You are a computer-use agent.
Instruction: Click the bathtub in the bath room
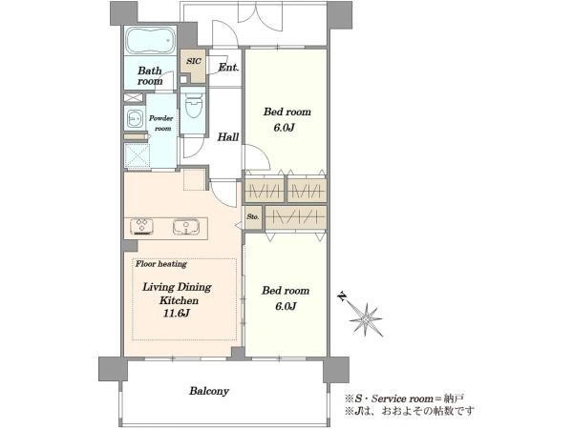tap(151, 40)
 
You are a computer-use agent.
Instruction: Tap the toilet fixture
tap(193, 105)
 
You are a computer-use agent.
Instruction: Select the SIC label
tap(194, 61)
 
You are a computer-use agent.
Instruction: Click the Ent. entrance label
tap(228, 68)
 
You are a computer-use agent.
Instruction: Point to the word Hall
tap(228, 137)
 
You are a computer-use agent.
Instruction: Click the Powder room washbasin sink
tap(135, 118)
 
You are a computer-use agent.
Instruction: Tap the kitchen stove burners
tap(141, 226)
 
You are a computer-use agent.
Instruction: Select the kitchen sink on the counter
tap(186, 227)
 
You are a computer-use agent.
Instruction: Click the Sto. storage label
tap(253, 216)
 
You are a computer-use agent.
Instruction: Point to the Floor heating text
tap(161, 264)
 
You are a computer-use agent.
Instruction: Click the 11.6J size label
tap(177, 314)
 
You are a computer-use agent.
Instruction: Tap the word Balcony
tap(209, 392)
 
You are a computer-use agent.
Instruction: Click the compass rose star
tap(366, 320)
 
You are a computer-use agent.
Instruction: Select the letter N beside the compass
tap(342, 297)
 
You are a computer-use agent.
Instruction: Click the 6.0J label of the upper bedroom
tap(285, 128)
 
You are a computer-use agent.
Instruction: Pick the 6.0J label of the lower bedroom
tap(286, 306)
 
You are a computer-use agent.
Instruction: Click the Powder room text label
tap(161, 123)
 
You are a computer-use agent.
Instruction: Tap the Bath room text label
tap(150, 76)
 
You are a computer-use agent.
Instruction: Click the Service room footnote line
tap(405, 398)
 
